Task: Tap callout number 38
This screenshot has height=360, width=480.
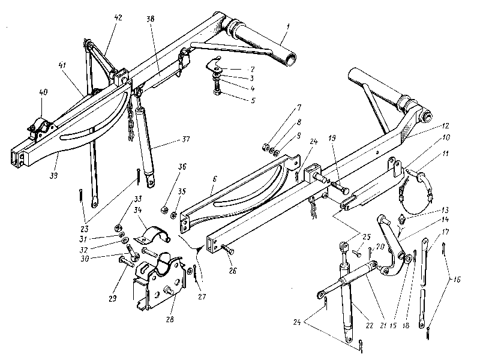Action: pos(149,18)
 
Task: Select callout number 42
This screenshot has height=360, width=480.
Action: pos(117,18)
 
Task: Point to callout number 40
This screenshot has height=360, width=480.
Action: pos(43,93)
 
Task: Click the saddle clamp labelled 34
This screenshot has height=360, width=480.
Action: pos(155,235)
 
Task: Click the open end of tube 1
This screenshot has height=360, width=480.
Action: pos(292,58)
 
